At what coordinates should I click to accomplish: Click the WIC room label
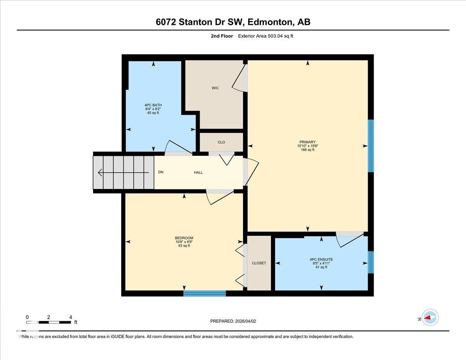pyautogui.click(x=215, y=88)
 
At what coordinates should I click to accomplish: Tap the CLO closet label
pyautogui.click(x=221, y=142)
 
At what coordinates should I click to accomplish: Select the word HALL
pyautogui.click(x=198, y=172)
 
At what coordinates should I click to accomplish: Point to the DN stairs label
pyautogui.click(x=161, y=172)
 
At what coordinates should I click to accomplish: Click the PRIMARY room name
pyautogui.click(x=307, y=142)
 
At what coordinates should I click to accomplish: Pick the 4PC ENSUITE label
pyautogui.click(x=321, y=259)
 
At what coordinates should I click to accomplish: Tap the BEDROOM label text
pyautogui.click(x=184, y=238)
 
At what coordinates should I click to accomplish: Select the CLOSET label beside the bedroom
pyautogui.click(x=259, y=263)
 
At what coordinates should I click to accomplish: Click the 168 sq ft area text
pyautogui.click(x=307, y=150)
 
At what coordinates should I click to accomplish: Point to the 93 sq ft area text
pyautogui.click(x=184, y=246)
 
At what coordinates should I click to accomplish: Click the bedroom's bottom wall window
pyautogui.click(x=205, y=293)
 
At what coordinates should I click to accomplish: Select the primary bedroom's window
pyautogui.click(x=370, y=146)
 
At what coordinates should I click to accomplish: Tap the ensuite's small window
pyautogui.click(x=370, y=262)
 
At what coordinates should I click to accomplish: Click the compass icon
pyautogui.click(x=430, y=318)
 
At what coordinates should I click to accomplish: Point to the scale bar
pyautogui.click(x=48, y=322)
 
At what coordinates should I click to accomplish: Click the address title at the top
pyautogui.click(x=233, y=22)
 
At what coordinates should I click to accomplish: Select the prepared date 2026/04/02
pyautogui.click(x=233, y=321)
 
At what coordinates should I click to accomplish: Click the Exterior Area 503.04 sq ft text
pyautogui.click(x=268, y=36)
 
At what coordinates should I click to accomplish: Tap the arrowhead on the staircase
pyautogui.click(x=100, y=172)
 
